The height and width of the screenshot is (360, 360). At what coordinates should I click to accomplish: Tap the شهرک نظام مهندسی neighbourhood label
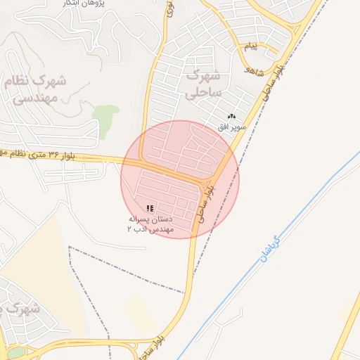pos(35,89)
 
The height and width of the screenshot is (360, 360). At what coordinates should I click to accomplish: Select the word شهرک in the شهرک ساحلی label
pos(205,75)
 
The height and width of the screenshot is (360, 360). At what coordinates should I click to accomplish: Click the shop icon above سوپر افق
pos(232,116)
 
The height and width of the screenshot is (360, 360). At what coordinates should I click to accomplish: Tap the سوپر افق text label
pos(231,127)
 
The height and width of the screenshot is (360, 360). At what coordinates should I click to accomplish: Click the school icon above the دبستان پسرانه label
pos(149,208)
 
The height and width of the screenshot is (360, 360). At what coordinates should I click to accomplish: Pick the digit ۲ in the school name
pos(129,229)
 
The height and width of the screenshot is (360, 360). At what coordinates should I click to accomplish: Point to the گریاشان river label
pos(270,249)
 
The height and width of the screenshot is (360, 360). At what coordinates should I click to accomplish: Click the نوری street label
pos(169,10)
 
